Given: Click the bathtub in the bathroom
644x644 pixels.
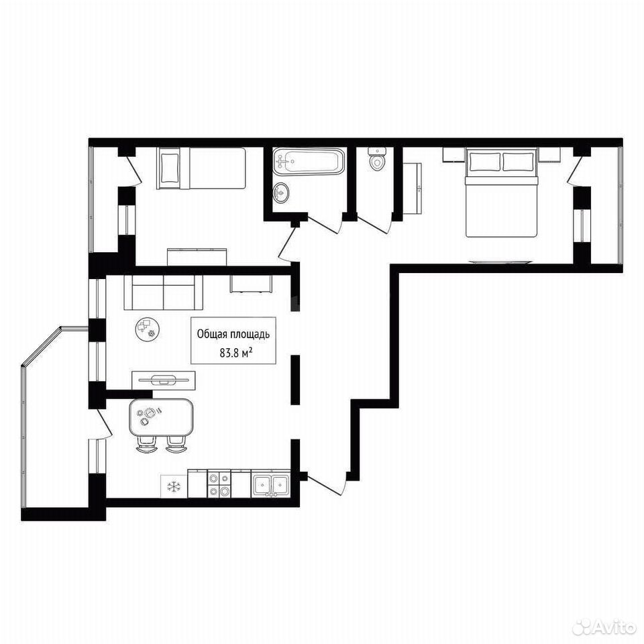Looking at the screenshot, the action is click(x=308, y=162).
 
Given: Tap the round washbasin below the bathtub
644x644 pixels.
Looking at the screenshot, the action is click(x=280, y=193).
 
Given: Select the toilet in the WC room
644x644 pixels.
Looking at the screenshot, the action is click(x=376, y=160).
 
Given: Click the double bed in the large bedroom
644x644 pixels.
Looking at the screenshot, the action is click(x=501, y=193).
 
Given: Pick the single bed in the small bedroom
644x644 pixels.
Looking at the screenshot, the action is click(x=201, y=168).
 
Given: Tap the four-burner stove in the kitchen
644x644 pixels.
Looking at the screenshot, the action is click(x=219, y=484).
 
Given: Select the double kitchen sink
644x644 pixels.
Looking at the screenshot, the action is click(x=270, y=484).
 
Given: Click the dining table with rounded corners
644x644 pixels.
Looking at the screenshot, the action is click(x=160, y=417).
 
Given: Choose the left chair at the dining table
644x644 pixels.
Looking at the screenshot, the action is click(x=147, y=444).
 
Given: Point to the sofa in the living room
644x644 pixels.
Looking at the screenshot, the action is click(x=164, y=292).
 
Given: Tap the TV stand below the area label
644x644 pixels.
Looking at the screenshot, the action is click(x=164, y=380).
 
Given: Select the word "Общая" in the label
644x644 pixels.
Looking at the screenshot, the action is click(x=210, y=334).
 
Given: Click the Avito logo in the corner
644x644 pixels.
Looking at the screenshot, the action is click(x=604, y=627).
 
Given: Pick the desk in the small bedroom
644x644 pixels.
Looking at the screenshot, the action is click(x=197, y=257).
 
